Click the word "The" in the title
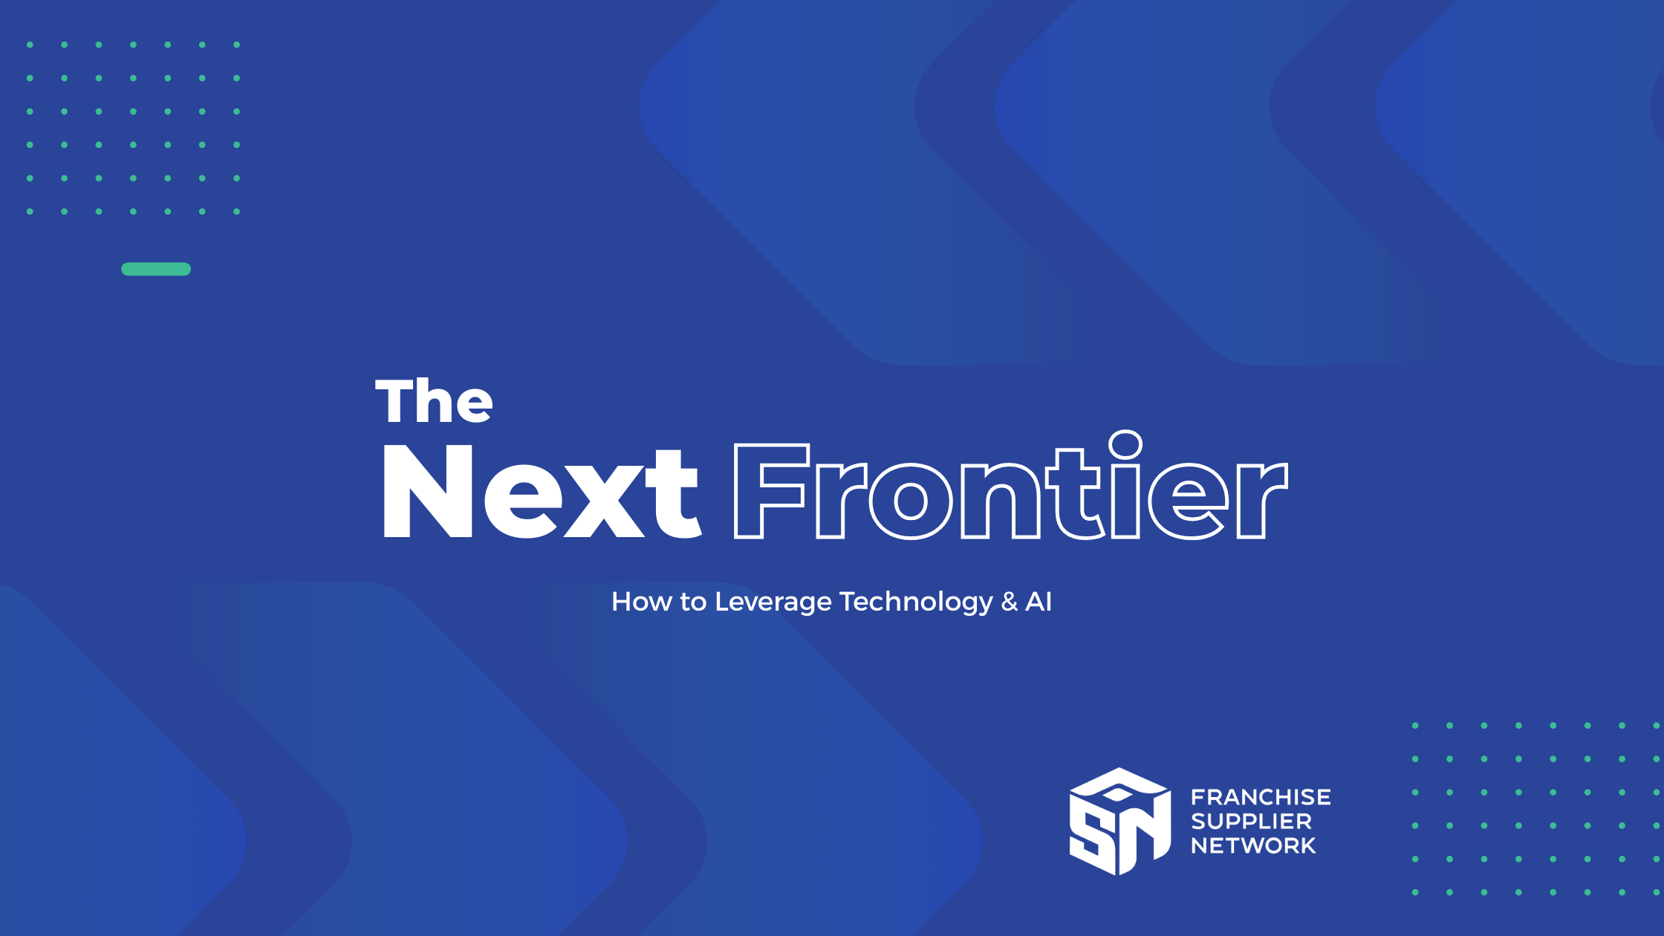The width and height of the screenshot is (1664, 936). [434, 401]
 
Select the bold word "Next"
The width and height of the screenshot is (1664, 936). [541, 492]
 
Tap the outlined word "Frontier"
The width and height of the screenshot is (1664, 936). [1010, 490]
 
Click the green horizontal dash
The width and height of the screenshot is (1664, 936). [156, 269]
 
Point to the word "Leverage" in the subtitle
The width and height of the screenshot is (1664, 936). [773, 602]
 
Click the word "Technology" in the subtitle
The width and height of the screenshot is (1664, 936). [915, 602]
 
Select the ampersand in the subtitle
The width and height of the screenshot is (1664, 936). [1009, 602]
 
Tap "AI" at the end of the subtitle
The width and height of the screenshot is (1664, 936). [1039, 602]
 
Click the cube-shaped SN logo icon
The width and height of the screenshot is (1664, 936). [1119, 822]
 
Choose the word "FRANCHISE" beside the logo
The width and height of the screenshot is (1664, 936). [1261, 797]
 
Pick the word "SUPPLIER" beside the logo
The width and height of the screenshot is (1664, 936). [1251, 822]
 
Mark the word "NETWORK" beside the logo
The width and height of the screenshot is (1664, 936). [1253, 845]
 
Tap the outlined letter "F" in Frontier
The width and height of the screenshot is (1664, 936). [767, 492]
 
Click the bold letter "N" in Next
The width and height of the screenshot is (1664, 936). [428, 492]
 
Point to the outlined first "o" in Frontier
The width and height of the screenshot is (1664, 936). [910, 501]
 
